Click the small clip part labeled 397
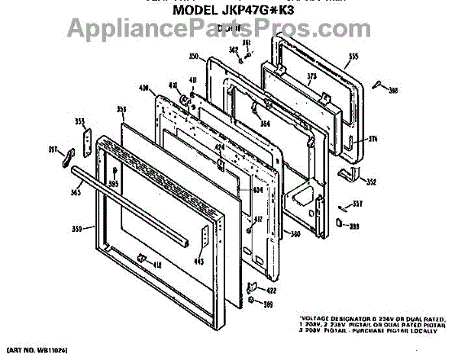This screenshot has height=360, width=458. tap(67, 156)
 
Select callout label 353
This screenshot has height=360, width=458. tap(80, 121)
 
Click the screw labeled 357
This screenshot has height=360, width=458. tap(345, 204)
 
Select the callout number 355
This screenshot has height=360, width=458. tap(353, 56)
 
